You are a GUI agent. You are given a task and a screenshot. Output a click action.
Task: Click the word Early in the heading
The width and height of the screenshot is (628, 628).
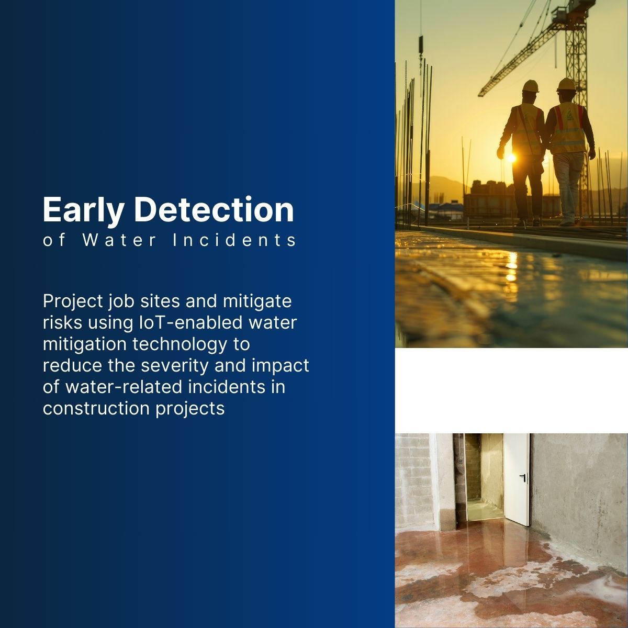[x=84, y=210]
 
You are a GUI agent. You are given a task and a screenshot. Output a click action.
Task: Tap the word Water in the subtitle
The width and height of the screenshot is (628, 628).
[x=119, y=240]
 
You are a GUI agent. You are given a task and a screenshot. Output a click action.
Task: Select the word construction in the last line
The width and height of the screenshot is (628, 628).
[x=96, y=408]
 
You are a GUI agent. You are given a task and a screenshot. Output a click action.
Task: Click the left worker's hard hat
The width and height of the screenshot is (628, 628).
[x=531, y=86]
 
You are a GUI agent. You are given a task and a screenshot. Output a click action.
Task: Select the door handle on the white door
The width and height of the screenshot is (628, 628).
[x=523, y=477]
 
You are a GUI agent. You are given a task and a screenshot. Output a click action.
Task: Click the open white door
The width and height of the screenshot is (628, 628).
[x=516, y=479]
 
